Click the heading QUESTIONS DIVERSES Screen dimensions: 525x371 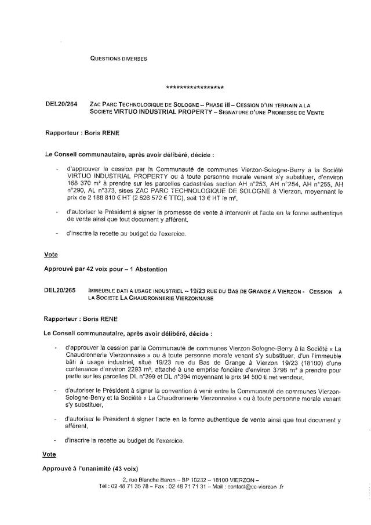(x=119, y=58)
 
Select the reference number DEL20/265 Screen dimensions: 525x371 (x=60, y=290)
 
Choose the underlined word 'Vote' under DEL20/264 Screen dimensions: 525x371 (x=51, y=254)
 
